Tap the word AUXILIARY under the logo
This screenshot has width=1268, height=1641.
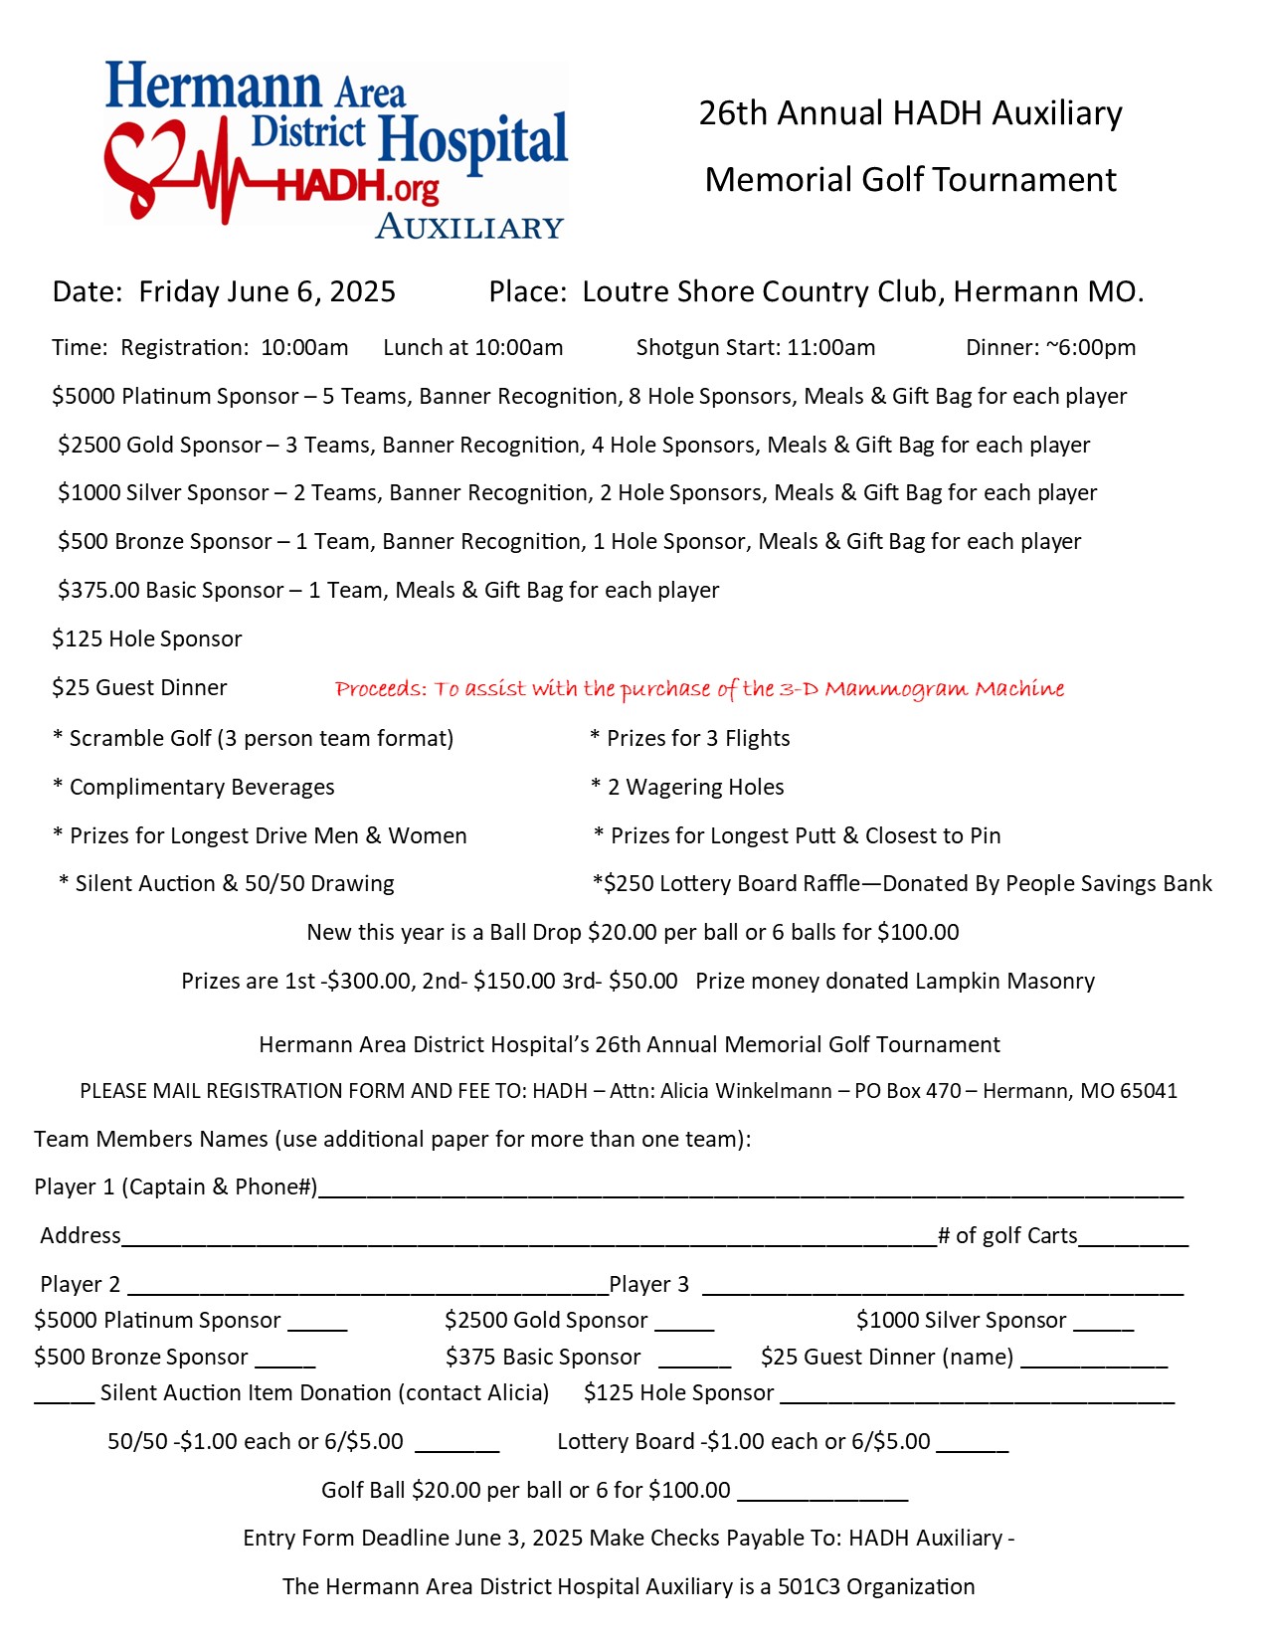469,228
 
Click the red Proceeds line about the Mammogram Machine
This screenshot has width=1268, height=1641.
699,689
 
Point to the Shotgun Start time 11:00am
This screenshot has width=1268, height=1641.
831,348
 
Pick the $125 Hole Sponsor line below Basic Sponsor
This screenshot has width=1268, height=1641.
147,639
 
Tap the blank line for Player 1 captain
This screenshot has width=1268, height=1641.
751,1189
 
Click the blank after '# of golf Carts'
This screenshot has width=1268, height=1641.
1134,1238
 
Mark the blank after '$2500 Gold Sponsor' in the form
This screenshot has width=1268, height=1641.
684,1324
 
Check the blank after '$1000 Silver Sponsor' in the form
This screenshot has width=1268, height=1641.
1104,1324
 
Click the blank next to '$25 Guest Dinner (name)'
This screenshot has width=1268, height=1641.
1094,1361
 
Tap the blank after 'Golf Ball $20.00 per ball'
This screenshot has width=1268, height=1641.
822,1493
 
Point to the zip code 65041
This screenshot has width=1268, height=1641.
1149,1091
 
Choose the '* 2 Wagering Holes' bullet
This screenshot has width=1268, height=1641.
688,788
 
